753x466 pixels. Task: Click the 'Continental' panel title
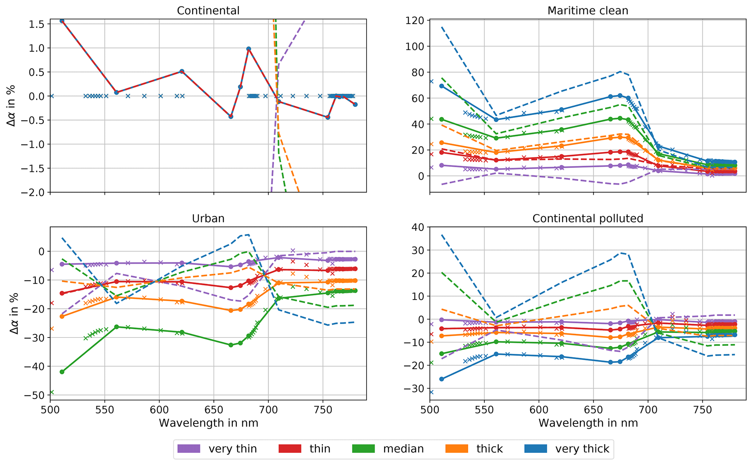tap(208, 11)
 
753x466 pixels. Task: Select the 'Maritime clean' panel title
tap(588, 11)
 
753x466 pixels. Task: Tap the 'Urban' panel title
tap(208, 218)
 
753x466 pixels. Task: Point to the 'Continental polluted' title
tap(588, 218)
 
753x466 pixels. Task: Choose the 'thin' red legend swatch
tap(290, 449)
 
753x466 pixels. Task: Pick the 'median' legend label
tap(403, 449)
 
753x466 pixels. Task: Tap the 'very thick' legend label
tap(582, 449)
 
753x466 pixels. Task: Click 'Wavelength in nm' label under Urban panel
tap(208, 423)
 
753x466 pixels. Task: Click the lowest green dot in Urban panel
tap(62, 372)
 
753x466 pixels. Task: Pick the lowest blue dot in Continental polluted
tap(442, 379)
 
